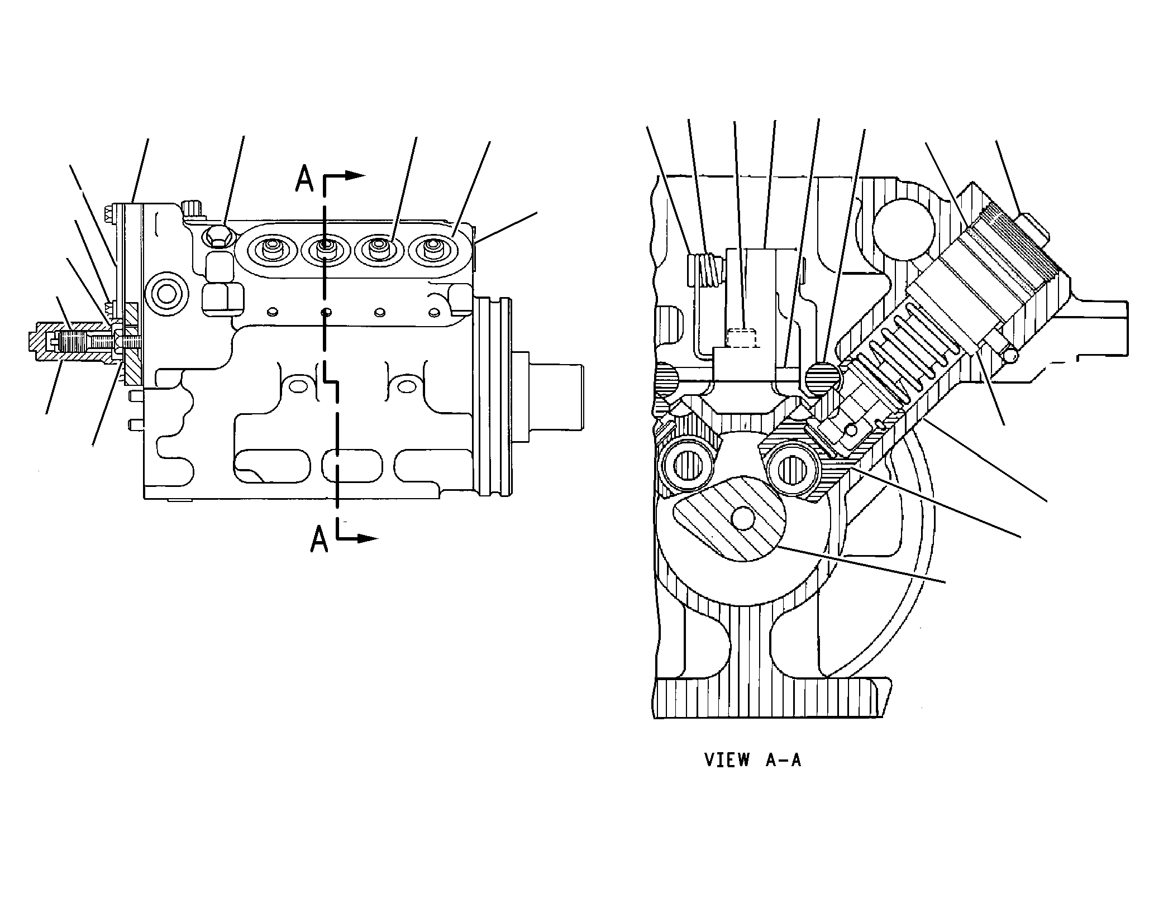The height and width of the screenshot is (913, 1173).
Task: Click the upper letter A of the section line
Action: [x=304, y=179]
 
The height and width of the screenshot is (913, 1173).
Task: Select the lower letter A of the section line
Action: [x=319, y=539]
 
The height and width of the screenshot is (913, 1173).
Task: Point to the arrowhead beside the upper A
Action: [x=355, y=175]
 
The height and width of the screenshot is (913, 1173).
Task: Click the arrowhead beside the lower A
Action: [x=369, y=538]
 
